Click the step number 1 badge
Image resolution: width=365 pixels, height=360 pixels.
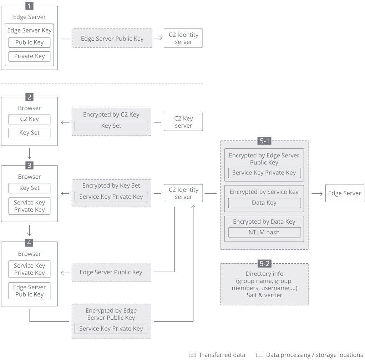pyautogui.click(x=29, y=6)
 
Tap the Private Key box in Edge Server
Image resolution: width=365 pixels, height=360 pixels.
pyautogui.click(x=29, y=56)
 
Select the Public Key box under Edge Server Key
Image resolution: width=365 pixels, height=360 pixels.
pyautogui.click(x=29, y=42)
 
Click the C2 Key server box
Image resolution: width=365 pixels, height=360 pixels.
pyautogui.click(x=183, y=122)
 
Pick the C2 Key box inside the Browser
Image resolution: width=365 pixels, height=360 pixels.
pyautogui.click(x=29, y=119)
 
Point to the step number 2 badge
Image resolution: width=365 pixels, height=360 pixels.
pyautogui.click(x=29, y=97)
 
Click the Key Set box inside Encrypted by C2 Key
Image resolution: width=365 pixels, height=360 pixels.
pyautogui.click(x=111, y=126)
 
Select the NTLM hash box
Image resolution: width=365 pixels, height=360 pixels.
pyautogui.click(x=264, y=232)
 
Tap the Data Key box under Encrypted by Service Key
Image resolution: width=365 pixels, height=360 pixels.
pyautogui.click(x=264, y=203)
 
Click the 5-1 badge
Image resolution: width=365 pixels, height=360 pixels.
pyautogui.click(x=264, y=141)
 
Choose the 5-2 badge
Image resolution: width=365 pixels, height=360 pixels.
pyautogui.click(x=264, y=264)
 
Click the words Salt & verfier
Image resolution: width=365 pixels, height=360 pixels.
pyautogui.click(x=264, y=295)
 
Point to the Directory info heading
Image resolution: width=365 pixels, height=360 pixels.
pyautogui.click(x=264, y=274)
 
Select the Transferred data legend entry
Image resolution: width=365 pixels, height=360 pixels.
pyautogui.click(x=217, y=355)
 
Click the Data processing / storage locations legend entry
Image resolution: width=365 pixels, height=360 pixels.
pyautogui.click(x=309, y=355)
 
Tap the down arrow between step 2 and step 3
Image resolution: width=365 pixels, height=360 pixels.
pyautogui.click(x=29, y=153)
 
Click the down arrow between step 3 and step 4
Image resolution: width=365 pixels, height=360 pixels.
pyautogui.click(x=29, y=230)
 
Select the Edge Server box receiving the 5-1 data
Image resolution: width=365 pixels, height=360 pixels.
pyautogui.click(x=344, y=193)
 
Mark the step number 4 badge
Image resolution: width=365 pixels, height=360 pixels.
pyautogui.click(x=29, y=243)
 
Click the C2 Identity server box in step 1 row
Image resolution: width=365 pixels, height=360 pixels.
pyautogui.click(x=183, y=38)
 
